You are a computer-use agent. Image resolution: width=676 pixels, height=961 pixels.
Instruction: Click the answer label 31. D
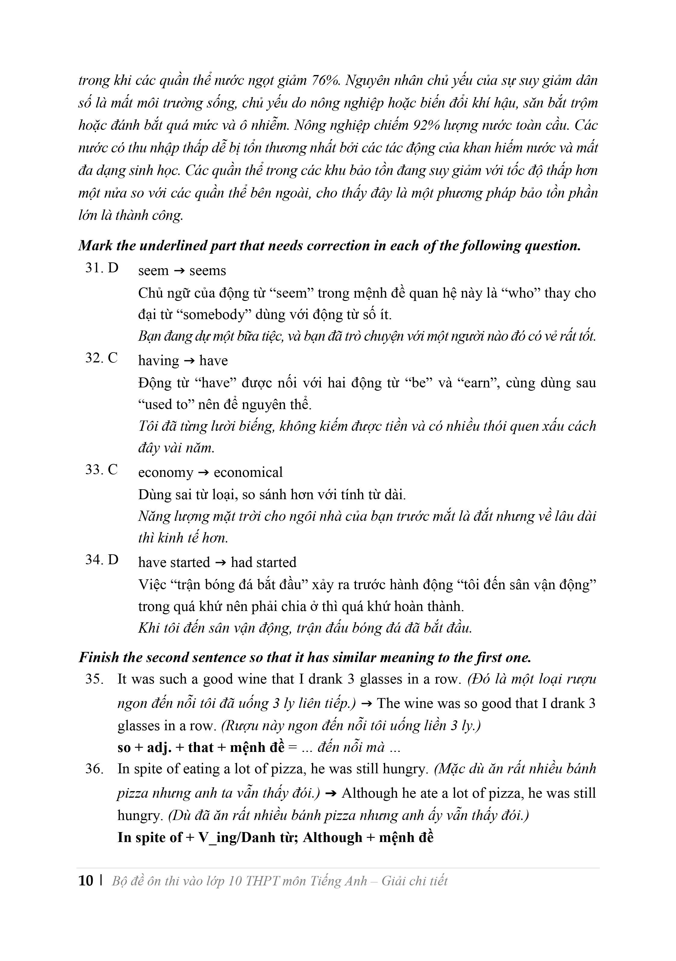[102, 268]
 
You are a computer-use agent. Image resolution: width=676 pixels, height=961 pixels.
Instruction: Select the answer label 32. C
[101, 358]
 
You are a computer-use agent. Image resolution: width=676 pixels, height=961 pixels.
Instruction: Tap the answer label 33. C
[101, 470]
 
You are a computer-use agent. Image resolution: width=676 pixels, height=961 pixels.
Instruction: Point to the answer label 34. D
[102, 560]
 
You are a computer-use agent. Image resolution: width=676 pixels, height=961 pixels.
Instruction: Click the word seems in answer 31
[207, 271]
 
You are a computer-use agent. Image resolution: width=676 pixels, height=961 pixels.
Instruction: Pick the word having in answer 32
[159, 360]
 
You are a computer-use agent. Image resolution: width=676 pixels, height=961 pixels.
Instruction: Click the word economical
[248, 472]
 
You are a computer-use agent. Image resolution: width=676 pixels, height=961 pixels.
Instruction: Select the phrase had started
[263, 562]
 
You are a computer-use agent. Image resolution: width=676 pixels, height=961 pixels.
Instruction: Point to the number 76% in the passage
[326, 80]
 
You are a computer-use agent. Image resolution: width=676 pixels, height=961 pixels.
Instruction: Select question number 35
[95, 679]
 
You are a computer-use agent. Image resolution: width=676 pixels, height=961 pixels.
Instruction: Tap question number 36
[95, 768]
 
